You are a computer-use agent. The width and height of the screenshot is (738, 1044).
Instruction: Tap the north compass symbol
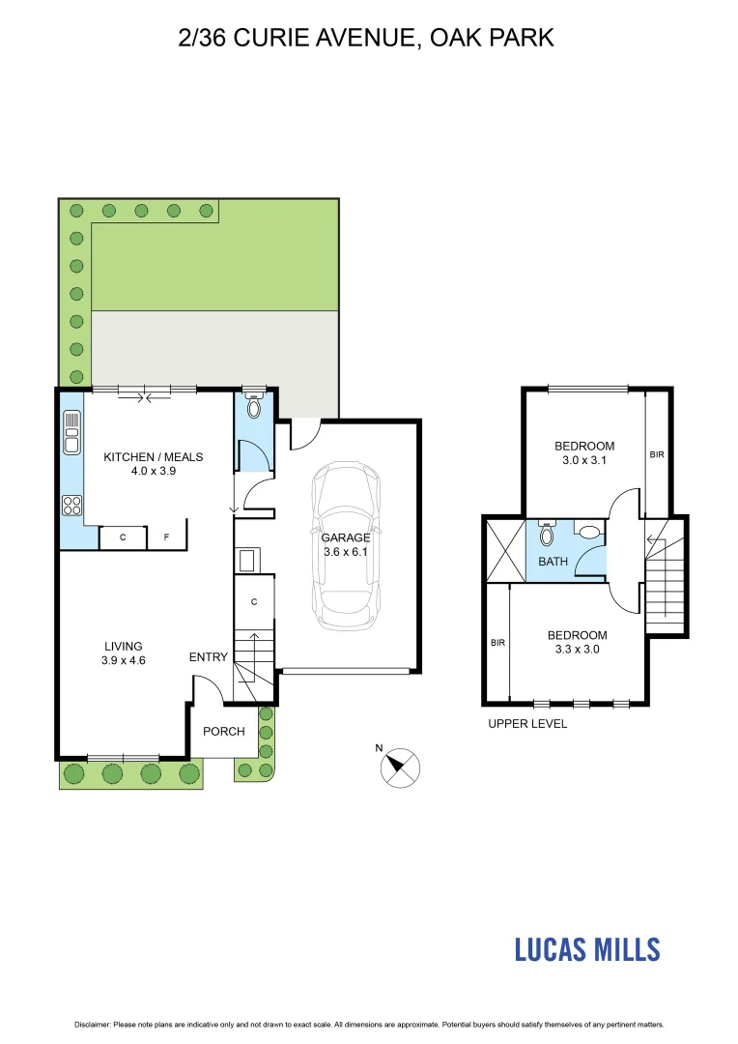click(x=399, y=766)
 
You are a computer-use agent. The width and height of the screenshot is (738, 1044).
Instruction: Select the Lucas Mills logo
click(x=586, y=948)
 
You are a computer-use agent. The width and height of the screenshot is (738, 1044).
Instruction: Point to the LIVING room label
click(x=124, y=646)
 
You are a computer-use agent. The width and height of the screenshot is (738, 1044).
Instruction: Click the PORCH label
click(x=223, y=731)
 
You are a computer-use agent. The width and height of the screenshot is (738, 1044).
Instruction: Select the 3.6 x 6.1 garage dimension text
click(x=346, y=552)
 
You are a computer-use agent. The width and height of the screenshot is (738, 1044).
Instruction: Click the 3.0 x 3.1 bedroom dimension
click(x=584, y=461)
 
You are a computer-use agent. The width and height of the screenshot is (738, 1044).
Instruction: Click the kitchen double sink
click(x=71, y=432)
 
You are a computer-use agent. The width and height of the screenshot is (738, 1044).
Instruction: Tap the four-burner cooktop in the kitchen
click(x=71, y=503)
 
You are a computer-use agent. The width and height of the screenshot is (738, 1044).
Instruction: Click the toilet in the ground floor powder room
click(x=254, y=407)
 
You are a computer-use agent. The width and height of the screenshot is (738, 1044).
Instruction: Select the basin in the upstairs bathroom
click(x=587, y=530)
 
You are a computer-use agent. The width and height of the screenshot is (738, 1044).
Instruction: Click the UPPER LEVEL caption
click(x=527, y=723)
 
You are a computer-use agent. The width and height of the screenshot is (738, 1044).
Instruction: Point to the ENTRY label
click(x=209, y=657)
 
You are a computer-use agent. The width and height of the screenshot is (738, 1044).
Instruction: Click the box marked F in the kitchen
click(x=165, y=537)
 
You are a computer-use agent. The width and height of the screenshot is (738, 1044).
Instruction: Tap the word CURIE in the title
click(x=280, y=39)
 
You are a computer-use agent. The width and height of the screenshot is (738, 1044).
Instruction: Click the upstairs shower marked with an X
click(x=504, y=550)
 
